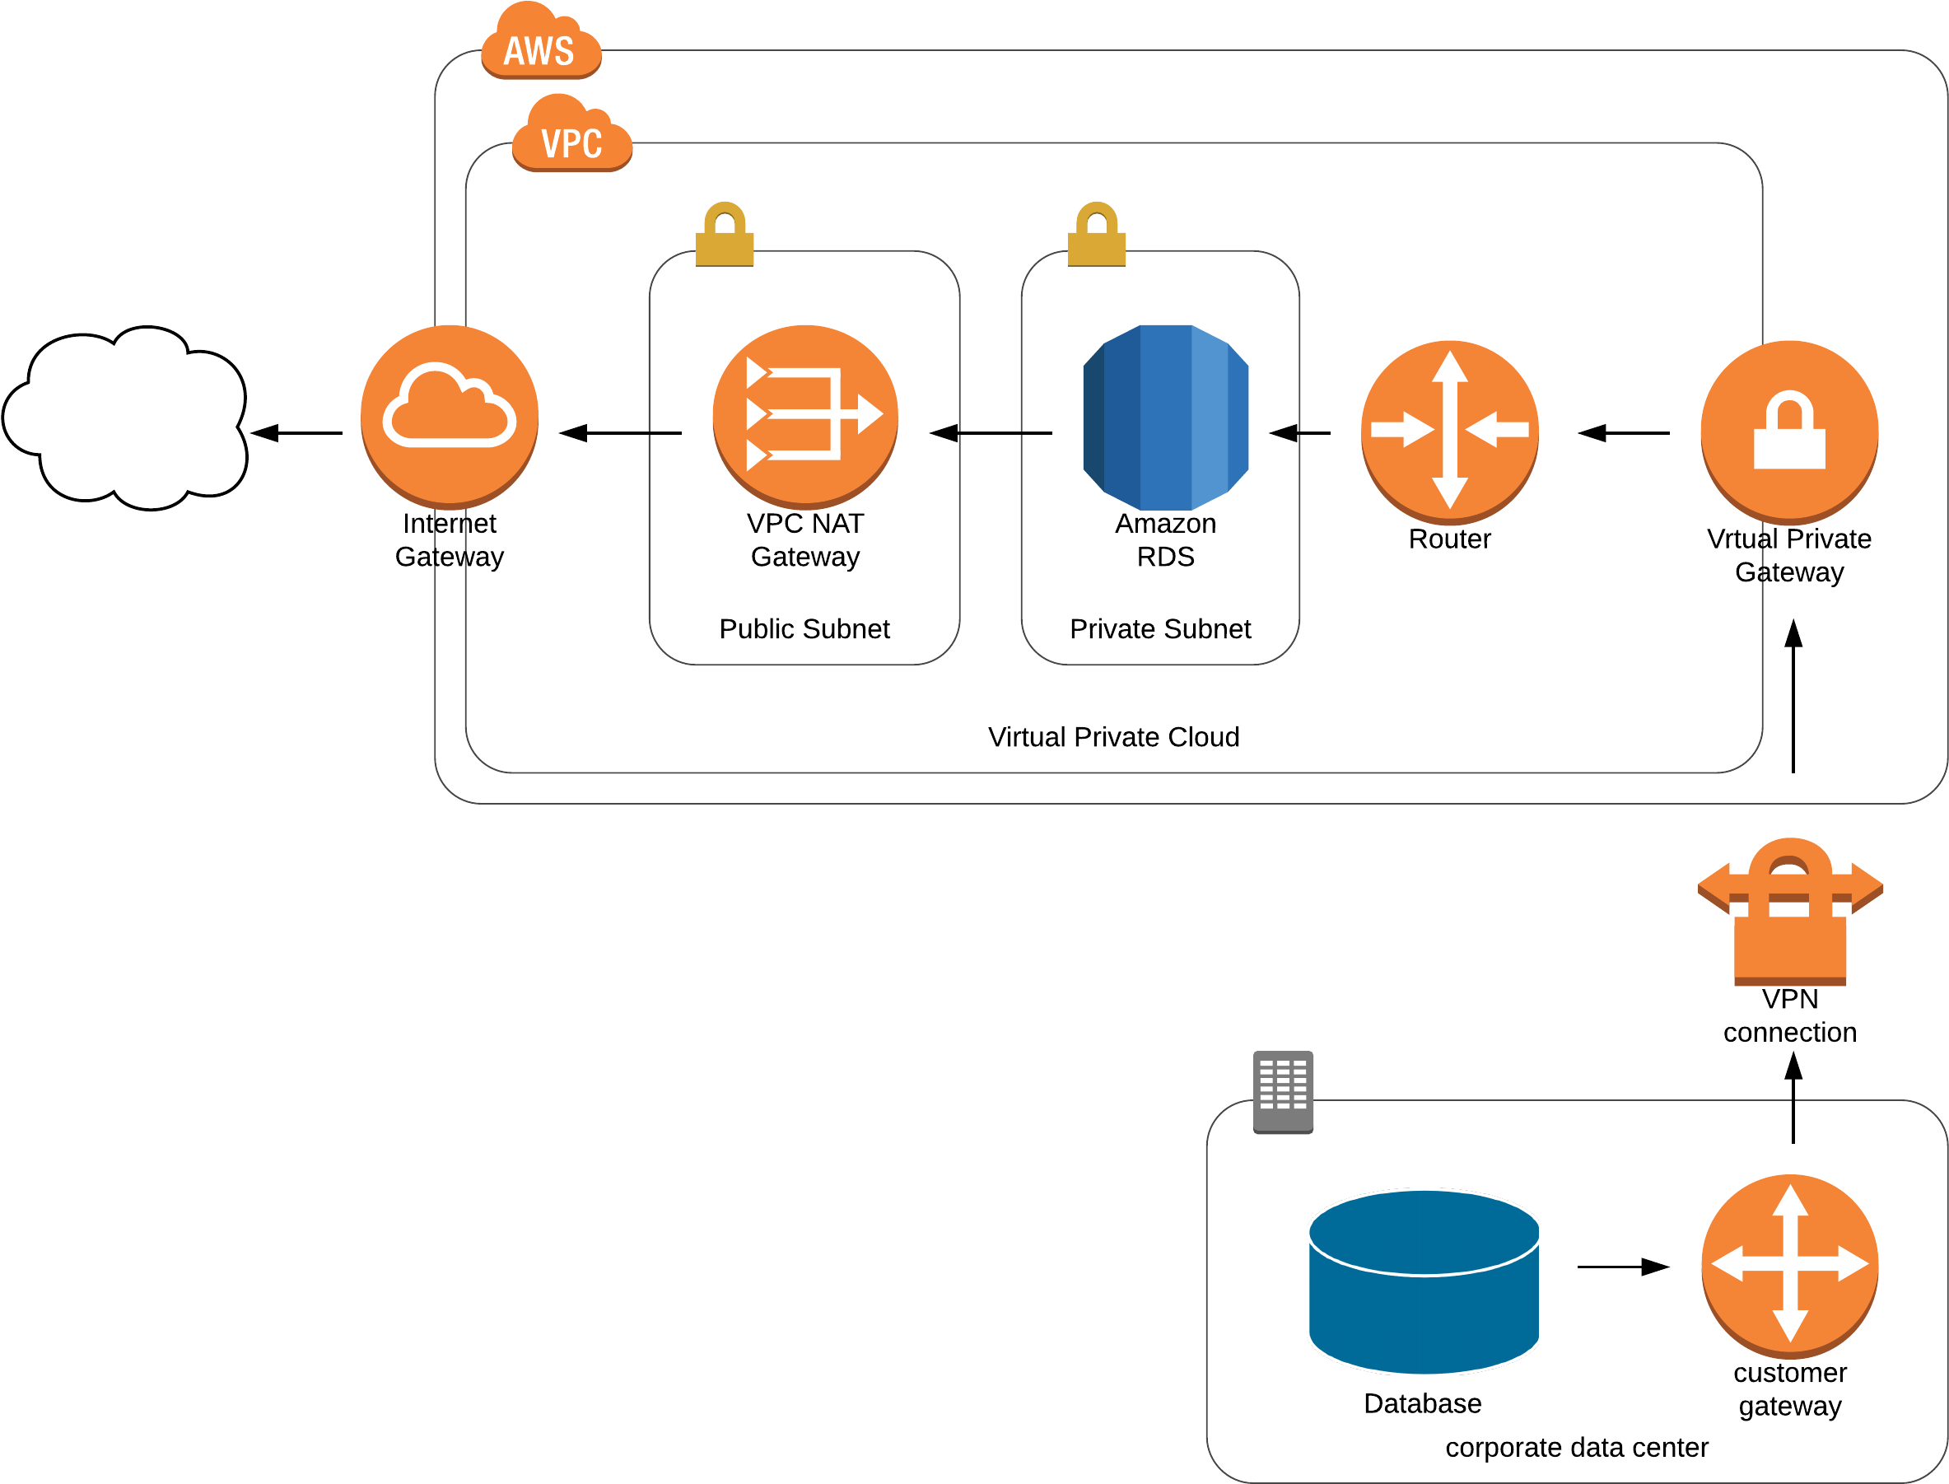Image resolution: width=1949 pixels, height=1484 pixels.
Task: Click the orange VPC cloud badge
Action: tap(572, 138)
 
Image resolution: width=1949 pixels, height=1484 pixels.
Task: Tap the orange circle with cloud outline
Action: tap(450, 416)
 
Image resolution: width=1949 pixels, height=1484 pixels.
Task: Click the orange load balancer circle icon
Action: tap(804, 416)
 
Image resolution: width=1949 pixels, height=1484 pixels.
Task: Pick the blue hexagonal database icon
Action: tap(1166, 417)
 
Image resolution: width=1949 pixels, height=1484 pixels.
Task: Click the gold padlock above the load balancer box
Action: tap(724, 236)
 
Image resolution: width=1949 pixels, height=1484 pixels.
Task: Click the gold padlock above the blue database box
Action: tap(1097, 236)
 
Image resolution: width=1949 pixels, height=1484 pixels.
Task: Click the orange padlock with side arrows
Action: tap(1790, 919)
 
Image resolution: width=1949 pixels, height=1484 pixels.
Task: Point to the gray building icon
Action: tap(1283, 1092)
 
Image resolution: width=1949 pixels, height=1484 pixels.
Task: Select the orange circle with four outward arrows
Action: tap(1789, 1265)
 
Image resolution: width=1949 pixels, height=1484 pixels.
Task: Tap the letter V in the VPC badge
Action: tap(551, 144)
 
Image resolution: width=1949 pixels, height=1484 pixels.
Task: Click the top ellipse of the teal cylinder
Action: tap(1423, 1232)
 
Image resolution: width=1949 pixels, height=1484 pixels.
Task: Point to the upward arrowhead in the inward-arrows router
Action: tap(1449, 366)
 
